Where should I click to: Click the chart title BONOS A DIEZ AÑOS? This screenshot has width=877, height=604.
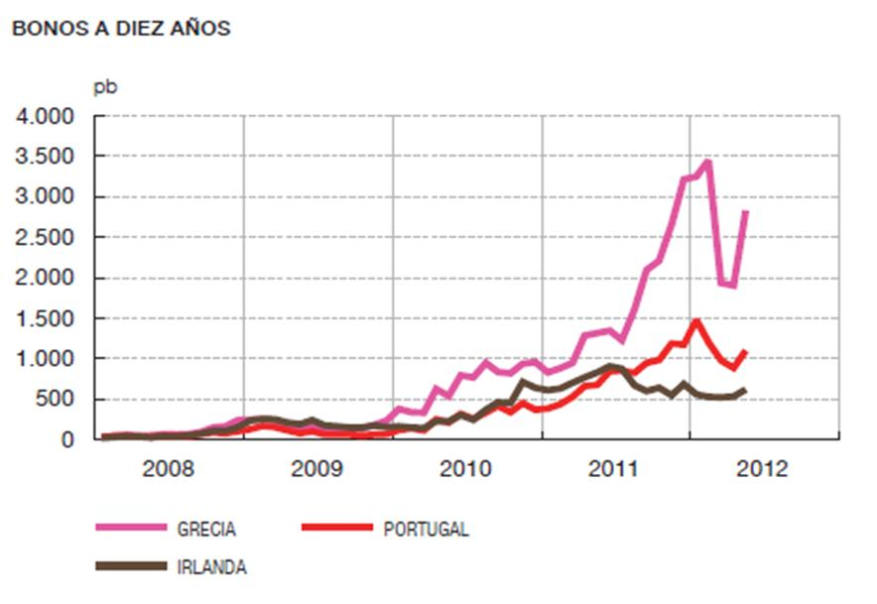click(120, 29)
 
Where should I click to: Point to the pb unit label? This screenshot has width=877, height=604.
click(105, 87)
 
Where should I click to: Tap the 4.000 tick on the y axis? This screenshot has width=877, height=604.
click(46, 117)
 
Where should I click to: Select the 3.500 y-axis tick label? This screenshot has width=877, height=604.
click(46, 158)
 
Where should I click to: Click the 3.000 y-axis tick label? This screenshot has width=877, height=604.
click(46, 197)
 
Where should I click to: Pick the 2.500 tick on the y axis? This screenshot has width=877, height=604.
click(46, 238)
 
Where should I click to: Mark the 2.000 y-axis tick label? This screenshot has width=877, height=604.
click(46, 279)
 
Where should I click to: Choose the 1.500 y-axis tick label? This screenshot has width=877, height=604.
click(46, 318)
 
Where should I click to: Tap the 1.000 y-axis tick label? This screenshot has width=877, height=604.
click(46, 359)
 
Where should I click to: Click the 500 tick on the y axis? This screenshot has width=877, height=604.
click(57, 399)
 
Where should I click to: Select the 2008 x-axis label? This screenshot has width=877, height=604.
click(169, 469)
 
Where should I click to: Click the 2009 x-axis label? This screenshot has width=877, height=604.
click(317, 469)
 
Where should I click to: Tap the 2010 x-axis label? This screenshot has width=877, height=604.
click(466, 469)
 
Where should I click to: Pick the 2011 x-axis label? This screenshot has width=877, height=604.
click(615, 469)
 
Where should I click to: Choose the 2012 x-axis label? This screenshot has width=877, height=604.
click(764, 469)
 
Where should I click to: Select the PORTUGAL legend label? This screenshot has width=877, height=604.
click(426, 530)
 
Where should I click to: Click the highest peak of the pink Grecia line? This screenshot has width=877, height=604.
click(707, 161)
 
